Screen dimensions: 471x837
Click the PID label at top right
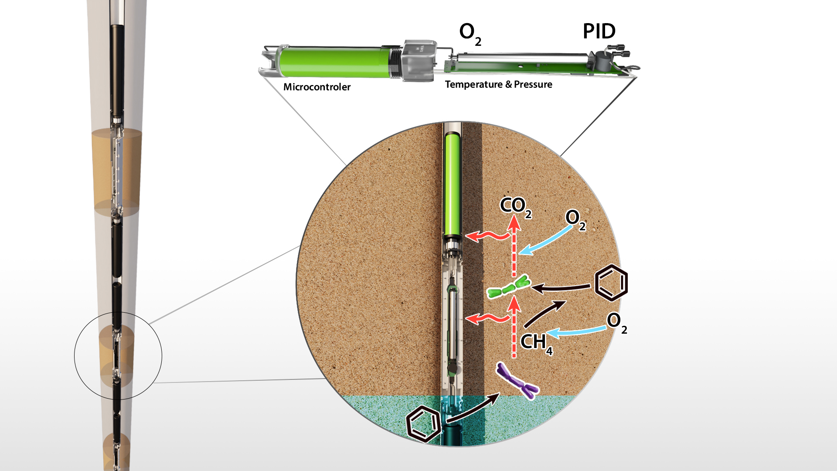[599, 31]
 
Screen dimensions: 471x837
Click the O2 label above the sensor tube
[470, 34]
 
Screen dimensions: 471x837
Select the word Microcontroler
[317, 87]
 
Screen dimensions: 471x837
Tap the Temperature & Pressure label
[498, 84]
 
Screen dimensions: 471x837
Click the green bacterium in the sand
[508, 287]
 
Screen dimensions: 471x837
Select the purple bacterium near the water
[517, 381]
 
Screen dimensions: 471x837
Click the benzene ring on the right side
[611, 283]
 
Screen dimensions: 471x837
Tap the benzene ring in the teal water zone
[423, 423]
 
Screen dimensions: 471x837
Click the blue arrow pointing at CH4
[575, 333]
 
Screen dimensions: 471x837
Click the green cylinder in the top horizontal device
[333, 62]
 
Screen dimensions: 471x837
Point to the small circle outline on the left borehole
[75, 355]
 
